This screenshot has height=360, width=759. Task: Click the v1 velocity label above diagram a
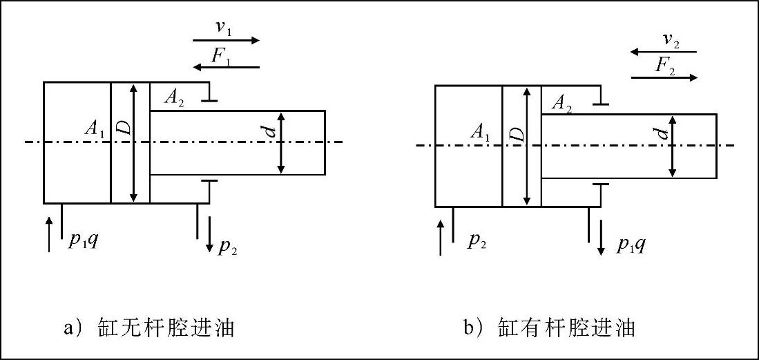[x=224, y=29]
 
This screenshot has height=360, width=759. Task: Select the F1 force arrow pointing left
[x=226, y=67]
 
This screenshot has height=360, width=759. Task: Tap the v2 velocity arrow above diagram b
[x=663, y=52]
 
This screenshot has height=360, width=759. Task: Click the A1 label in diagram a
[x=95, y=129]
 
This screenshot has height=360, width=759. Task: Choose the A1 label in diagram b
[x=480, y=133]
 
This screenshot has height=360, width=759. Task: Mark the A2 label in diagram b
[x=561, y=104]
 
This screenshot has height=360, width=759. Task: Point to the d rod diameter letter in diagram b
[x=663, y=131]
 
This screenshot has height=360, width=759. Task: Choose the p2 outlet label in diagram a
[x=228, y=247]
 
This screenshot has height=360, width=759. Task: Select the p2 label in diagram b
[x=477, y=242]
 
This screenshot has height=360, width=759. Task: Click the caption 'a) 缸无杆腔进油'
[x=149, y=327]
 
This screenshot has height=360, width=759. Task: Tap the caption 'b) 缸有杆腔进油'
[x=549, y=327]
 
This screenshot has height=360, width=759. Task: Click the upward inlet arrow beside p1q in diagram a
[x=49, y=234]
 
